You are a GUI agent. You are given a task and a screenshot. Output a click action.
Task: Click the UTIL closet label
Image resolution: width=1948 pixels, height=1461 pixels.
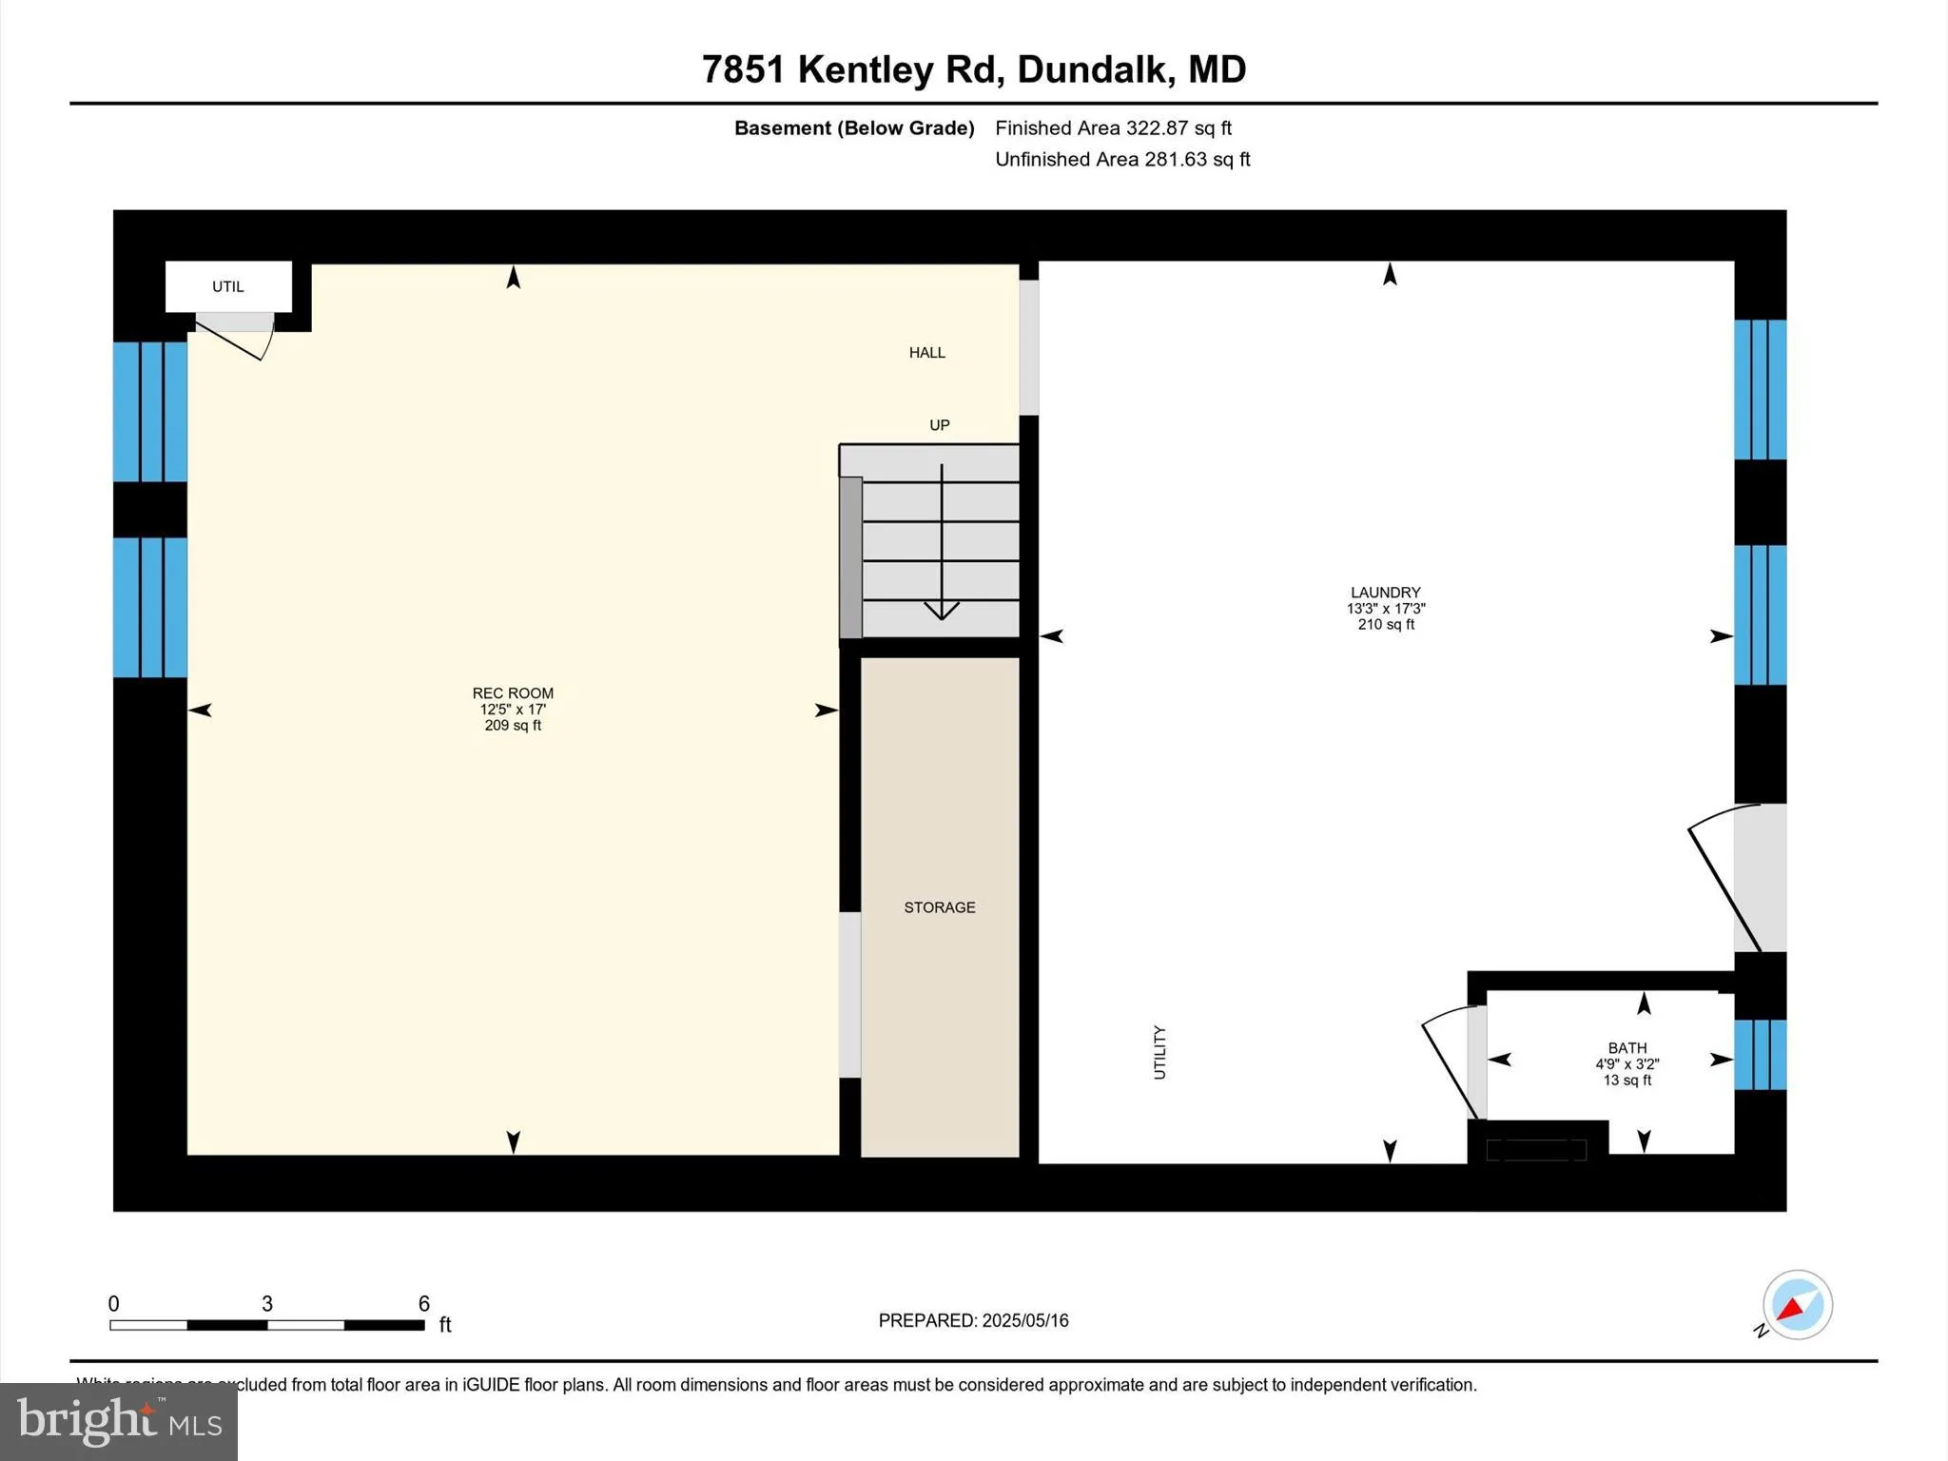pos(228,286)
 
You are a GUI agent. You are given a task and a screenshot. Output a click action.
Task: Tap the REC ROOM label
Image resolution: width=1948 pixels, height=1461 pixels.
pos(513,693)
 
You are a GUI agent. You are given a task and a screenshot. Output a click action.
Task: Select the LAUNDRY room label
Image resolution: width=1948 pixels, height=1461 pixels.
pos(1385,593)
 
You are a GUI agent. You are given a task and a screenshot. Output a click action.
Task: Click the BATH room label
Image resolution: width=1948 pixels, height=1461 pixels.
pos(1627,1048)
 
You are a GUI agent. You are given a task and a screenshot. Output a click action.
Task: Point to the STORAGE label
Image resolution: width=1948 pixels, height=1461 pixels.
pos(939,907)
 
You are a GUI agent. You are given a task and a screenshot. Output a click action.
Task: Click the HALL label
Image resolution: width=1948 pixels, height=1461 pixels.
pos(926,353)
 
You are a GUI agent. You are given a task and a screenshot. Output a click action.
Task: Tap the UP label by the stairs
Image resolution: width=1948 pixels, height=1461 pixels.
pos(939,425)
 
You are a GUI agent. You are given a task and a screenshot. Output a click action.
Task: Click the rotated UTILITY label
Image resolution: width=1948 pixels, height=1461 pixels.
pos(1159,1052)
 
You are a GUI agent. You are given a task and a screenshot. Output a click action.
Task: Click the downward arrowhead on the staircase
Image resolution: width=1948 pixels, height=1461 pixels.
pos(942,610)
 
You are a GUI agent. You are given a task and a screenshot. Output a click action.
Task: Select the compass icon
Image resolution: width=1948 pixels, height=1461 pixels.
pos(1797,1305)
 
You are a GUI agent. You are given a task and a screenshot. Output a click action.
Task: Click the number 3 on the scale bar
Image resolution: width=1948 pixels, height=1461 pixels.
pos(267,1303)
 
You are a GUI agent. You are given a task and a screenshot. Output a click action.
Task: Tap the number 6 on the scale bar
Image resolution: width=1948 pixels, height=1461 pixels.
pos(424,1303)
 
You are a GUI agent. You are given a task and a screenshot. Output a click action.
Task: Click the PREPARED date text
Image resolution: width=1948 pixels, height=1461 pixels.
pos(973,1320)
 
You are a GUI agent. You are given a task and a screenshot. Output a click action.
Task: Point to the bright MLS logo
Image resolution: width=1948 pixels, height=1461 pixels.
pos(119,1421)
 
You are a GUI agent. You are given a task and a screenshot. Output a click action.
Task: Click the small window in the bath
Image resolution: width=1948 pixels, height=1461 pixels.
pos(1760,1054)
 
